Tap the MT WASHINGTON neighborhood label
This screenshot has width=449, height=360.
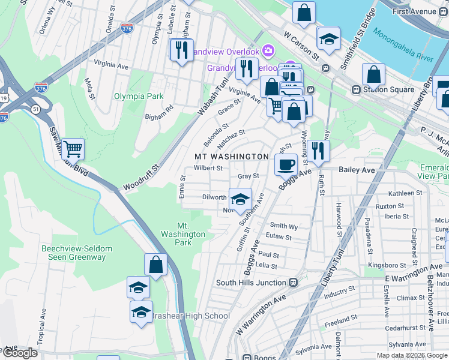[x=231, y=157]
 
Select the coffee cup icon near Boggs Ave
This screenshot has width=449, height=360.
[x=286, y=164]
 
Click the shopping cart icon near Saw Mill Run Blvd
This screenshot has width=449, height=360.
[x=73, y=148]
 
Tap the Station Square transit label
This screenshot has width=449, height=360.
[x=383, y=89]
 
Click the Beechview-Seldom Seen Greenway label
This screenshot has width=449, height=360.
[x=74, y=253]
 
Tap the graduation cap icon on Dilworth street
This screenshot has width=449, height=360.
[x=240, y=199]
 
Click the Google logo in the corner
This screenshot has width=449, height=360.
[x=19, y=353]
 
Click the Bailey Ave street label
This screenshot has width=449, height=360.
[x=357, y=170]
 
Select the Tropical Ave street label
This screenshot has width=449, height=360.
[x=43, y=325]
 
